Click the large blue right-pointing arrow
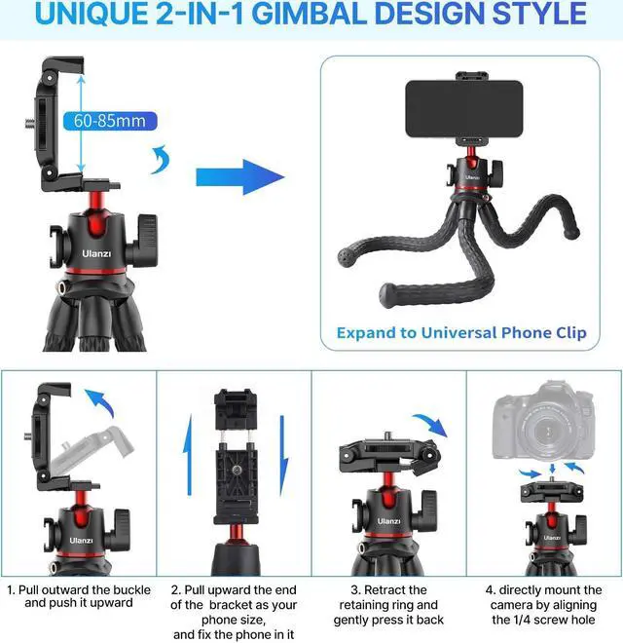(x=239, y=176)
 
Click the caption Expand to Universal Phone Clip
(x=461, y=332)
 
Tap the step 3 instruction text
(x=389, y=605)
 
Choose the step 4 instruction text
(x=544, y=605)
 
